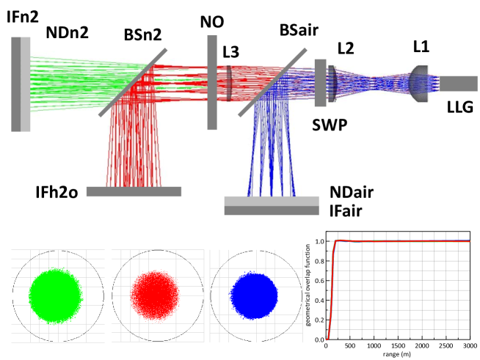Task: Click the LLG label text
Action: pyautogui.click(x=460, y=108)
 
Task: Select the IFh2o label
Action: pyautogui.click(x=46, y=192)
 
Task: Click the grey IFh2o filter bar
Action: pyautogui.click(x=134, y=191)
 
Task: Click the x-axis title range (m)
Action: pyautogui.click(x=398, y=354)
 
